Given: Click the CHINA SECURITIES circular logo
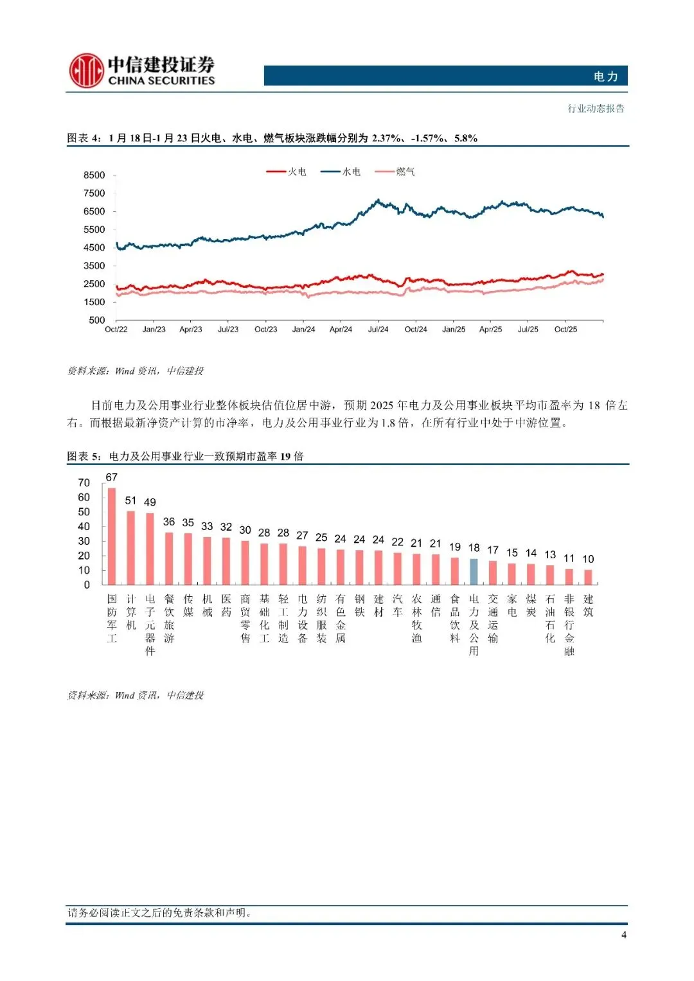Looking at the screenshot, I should (86, 71).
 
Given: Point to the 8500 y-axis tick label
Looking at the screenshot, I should (94, 175).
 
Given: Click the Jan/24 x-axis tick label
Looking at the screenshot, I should (303, 330).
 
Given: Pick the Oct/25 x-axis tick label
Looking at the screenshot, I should (565, 330).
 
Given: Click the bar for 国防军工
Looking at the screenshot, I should (112, 536).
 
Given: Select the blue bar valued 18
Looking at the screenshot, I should (474, 571).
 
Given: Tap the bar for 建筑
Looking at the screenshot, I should (588, 577).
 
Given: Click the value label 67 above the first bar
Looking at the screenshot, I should (112, 477).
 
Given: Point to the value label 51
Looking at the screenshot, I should (130, 500).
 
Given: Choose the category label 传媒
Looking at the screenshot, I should (188, 605).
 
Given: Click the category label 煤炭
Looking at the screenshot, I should (531, 605).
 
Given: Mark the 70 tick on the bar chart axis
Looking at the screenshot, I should (84, 482).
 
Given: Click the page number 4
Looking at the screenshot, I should (624, 935).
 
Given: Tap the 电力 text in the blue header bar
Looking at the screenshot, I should (605, 76).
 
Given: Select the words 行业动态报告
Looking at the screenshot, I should (596, 109).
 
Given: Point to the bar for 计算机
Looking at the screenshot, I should (131, 547).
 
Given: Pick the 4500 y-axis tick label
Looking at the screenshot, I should (94, 248).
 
